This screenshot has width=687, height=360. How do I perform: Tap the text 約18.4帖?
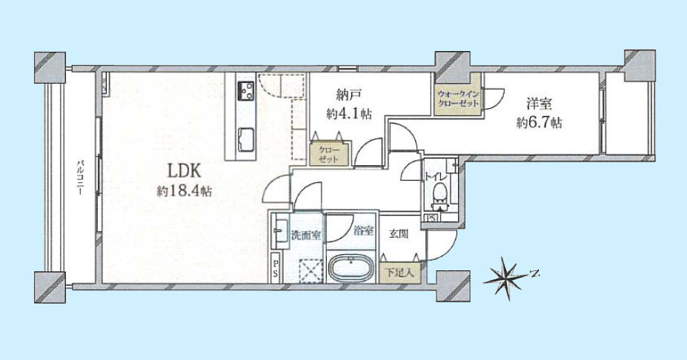click(x=185, y=191)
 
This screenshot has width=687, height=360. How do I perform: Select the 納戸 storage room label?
click(x=349, y=95)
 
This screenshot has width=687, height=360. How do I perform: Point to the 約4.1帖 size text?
click(x=349, y=114)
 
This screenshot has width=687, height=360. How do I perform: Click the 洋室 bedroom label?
click(x=539, y=104)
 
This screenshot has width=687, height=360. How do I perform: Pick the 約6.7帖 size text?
click(x=539, y=123)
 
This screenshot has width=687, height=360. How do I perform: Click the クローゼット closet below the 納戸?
click(x=330, y=153)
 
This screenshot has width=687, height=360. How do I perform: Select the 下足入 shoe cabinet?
click(x=399, y=273)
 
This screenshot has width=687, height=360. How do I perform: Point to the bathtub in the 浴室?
click(x=351, y=267)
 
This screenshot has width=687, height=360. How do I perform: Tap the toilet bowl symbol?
click(x=439, y=193)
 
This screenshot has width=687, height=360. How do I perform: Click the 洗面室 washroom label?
click(x=306, y=235)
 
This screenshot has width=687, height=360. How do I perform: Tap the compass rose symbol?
click(x=506, y=277)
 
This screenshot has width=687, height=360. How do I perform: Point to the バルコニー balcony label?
click(x=80, y=177)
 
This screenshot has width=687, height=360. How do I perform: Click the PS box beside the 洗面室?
click(x=276, y=268)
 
